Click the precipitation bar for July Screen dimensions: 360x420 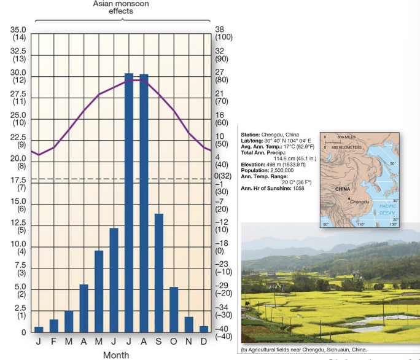click(129, 203)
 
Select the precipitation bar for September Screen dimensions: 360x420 click(159, 273)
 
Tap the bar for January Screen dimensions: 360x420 click(39, 329)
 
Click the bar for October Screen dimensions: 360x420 click(174, 310)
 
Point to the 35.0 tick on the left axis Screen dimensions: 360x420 click(19, 29)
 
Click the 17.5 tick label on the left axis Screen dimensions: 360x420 click(19, 179)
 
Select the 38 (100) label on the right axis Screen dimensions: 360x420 click(222, 33)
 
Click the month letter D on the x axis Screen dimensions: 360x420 click(204, 342)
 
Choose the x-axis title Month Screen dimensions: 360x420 click(116, 354)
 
